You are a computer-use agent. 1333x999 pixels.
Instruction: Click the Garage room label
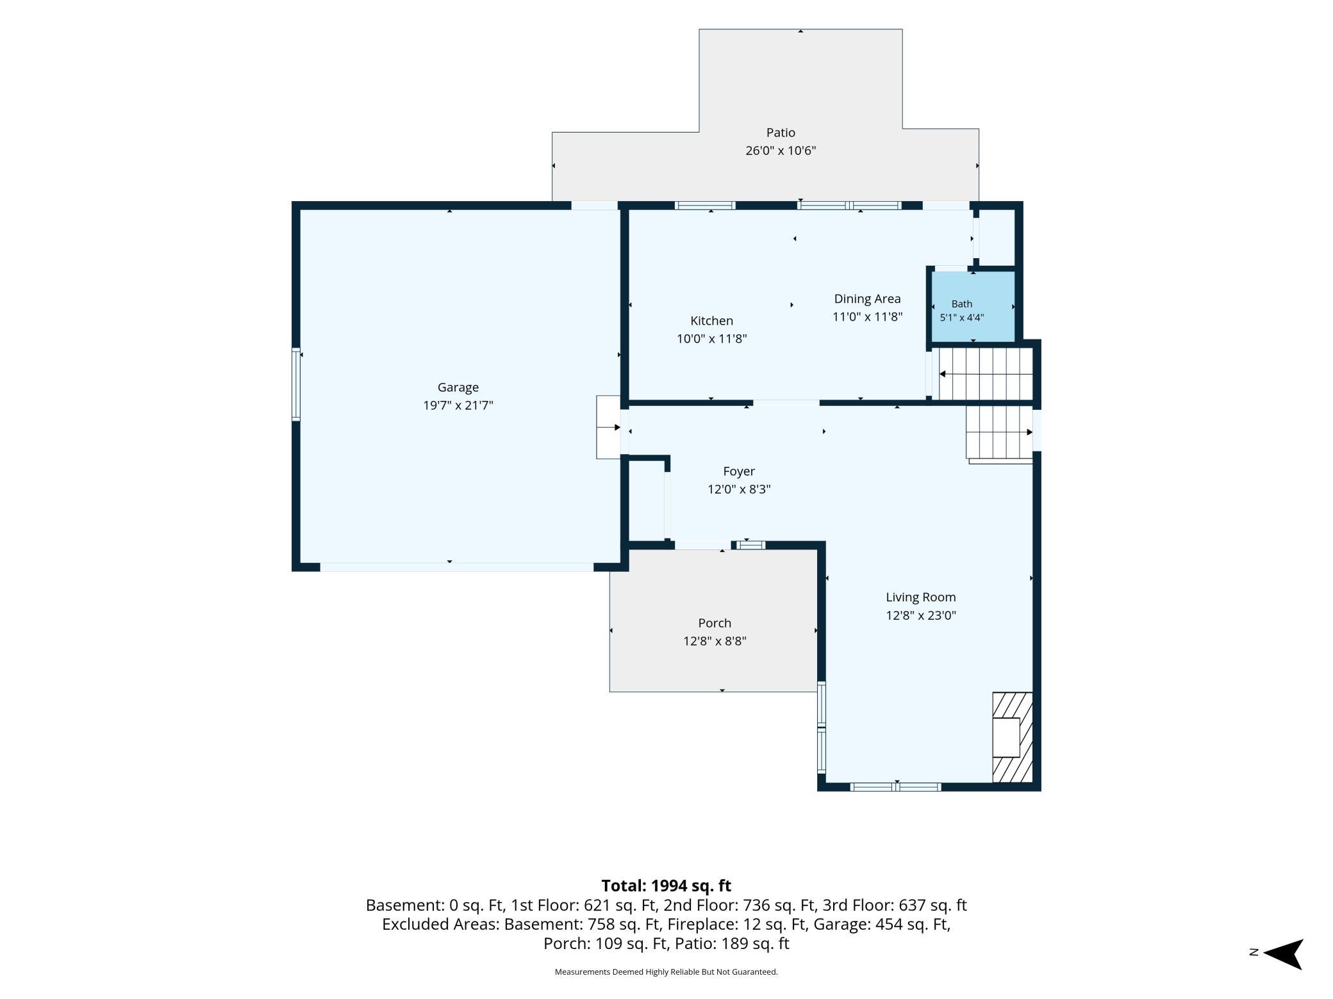[458, 387]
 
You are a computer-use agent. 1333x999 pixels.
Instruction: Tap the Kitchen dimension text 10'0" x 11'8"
[712, 339]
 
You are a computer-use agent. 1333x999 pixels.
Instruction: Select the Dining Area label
[867, 298]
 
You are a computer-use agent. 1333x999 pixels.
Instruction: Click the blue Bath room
[973, 306]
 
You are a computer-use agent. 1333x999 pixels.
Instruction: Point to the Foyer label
[739, 471]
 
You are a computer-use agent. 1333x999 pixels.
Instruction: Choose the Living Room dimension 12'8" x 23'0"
[921, 615]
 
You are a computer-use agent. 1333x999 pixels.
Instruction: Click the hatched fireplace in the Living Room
[1013, 737]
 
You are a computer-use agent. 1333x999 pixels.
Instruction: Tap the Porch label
[715, 623]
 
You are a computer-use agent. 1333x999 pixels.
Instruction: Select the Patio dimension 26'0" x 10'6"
[781, 150]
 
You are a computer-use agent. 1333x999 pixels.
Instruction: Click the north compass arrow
[1284, 954]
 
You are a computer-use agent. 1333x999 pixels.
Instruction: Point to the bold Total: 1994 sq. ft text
[666, 886]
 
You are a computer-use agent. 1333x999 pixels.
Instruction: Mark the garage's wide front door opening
[457, 567]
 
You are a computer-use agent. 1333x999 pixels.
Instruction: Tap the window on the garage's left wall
[296, 384]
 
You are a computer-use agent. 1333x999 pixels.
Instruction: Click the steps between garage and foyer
[608, 427]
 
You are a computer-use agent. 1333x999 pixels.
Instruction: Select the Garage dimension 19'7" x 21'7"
[458, 405]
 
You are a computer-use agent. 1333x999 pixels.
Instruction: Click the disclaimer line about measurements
[666, 972]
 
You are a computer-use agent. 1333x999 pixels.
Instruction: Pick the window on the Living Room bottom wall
[895, 787]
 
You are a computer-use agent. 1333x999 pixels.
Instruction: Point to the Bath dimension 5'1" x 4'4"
[961, 318]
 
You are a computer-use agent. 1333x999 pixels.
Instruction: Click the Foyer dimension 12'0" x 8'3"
[739, 489]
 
